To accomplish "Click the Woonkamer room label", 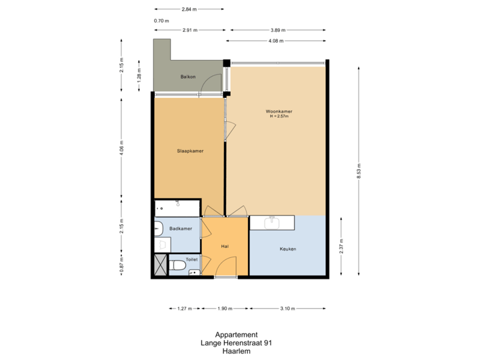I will point(279,111).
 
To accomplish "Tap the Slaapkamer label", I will point(190,151).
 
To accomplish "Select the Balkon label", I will point(187,77).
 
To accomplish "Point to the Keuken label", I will point(288,249).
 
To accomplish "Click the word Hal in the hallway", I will point(225,245).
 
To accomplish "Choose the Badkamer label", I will point(181,229).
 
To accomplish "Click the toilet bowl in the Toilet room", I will point(177,266).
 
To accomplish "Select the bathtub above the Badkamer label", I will point(177,207).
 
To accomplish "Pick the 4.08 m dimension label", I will point(275,41).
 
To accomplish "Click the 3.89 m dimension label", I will point(278,30).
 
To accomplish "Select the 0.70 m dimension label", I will point(161,21).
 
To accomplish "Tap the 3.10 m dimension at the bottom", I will point(287,309).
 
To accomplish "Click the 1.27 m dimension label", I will point(185,309).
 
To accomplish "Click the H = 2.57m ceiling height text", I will point(279,117).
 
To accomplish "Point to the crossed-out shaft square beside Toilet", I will point(161,265).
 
